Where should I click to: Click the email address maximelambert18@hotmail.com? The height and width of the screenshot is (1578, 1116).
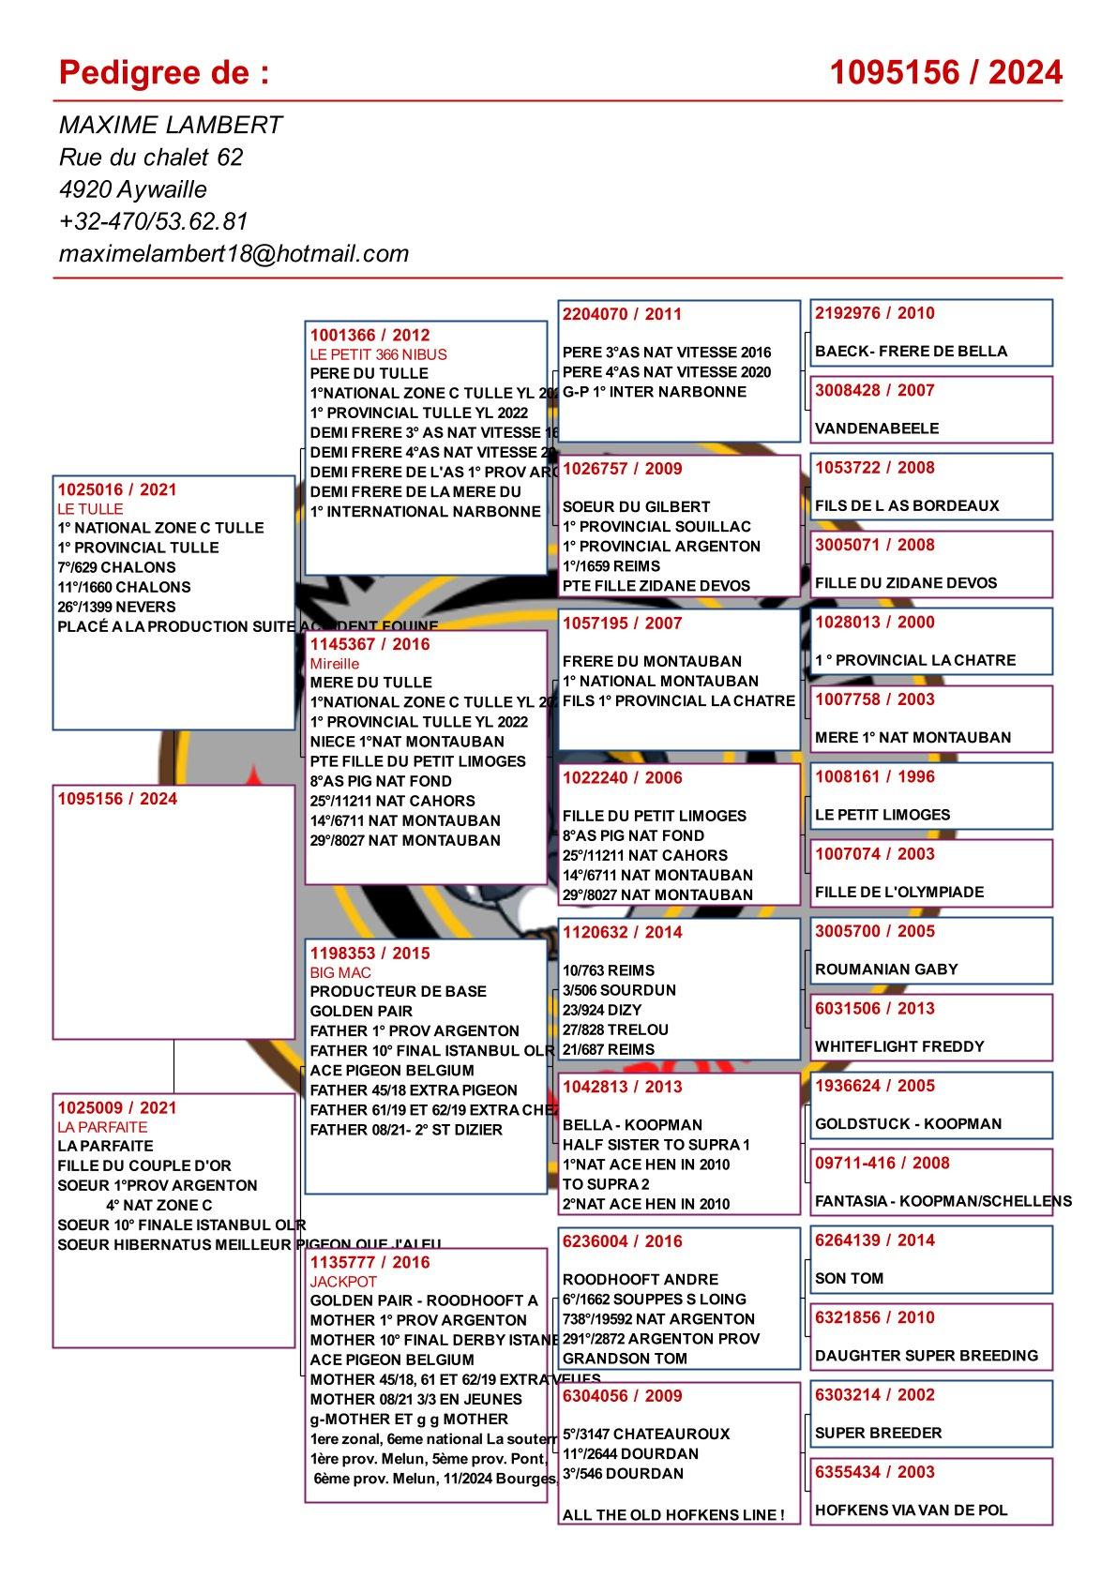[234, 253]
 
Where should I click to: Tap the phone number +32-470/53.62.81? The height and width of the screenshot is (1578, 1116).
[153, 221]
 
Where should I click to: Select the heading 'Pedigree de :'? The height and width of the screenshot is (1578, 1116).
[164, 72]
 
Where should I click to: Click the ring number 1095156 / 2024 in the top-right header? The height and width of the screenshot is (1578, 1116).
[945, 72]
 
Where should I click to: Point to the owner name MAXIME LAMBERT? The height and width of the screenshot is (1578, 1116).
[171, 125]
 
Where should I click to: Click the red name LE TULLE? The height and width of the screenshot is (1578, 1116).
[90, 509]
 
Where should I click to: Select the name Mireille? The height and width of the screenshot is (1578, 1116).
[335, 664]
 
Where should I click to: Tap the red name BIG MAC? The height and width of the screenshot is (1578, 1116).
[340, 972]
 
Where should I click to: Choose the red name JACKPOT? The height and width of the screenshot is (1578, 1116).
[343, 1281]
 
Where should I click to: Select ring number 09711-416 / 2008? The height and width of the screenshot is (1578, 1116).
[882, 1163]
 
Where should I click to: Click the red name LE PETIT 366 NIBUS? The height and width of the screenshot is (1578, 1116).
[379, 354]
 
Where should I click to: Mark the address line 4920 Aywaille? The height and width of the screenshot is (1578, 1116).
[132, 189]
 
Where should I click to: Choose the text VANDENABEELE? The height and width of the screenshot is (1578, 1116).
[877, 428]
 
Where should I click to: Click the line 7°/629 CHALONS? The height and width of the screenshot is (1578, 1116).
[116, 567]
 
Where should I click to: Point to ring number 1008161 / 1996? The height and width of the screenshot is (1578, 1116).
[875, 776]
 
